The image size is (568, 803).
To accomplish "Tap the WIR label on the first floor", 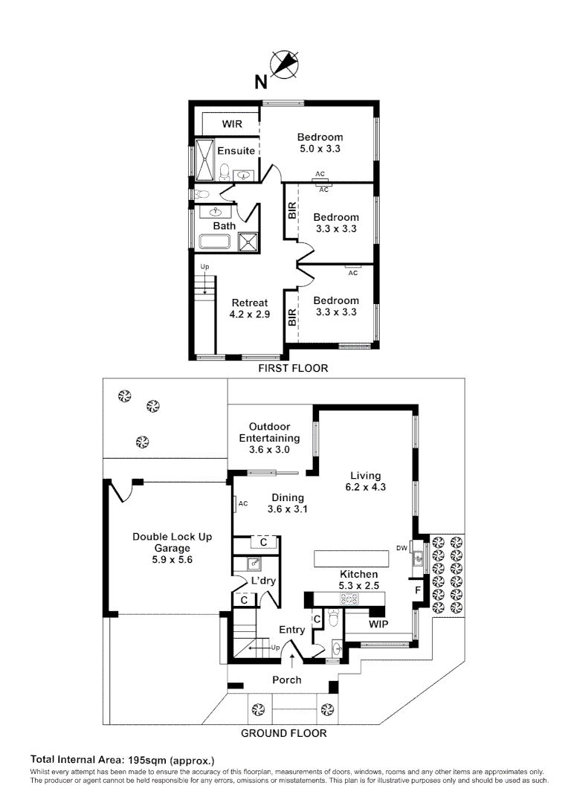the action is (x=232, y=124).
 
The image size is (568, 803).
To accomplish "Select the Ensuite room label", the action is (x=236, y=150).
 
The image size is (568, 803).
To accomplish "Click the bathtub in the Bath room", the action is (x=215, y=242).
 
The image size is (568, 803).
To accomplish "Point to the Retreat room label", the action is (x=250, y=303).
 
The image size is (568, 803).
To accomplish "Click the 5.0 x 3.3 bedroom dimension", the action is (x=320, y=149).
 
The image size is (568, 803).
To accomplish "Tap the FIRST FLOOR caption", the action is (x=293, y=368).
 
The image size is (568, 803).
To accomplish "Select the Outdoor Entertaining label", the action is (x=269, y=432).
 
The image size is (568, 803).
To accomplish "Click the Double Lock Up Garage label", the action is (x=172, y=542).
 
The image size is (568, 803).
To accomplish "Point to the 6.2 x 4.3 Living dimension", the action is (x=366, y=487).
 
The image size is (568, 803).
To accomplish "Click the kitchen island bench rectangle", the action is (x=352, y=558).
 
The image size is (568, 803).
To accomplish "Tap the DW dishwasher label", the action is (x=401, y=548).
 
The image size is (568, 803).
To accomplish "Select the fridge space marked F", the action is (x=418, y=590).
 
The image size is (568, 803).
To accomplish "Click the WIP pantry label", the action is (x=378, y=625).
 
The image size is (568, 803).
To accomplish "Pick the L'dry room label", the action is (x=263, y=581).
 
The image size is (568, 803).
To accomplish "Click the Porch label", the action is (x=287, y=680).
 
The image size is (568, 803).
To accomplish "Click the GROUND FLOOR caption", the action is (x=284, y=733).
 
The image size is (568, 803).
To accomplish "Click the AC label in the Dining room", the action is (x=243, y=504).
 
